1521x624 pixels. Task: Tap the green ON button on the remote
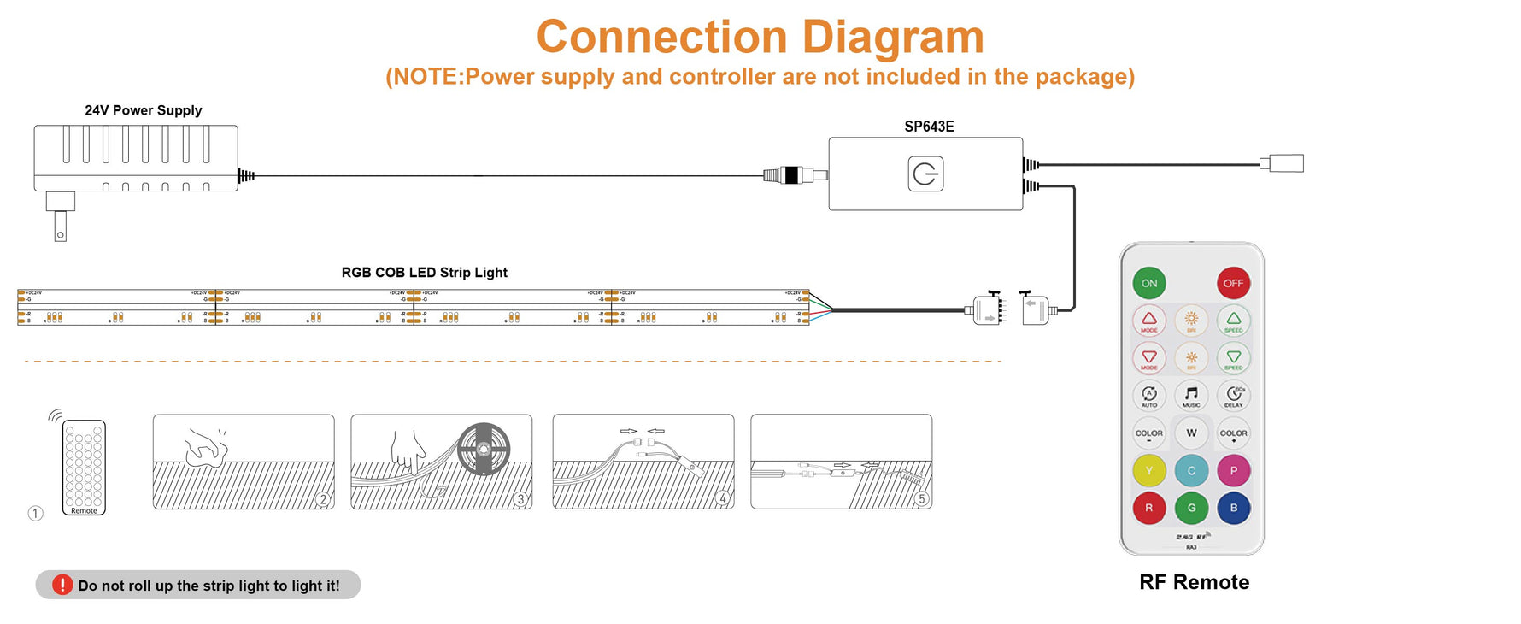tap(1149, 283)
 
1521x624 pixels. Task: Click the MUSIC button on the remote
tap(1191, 395)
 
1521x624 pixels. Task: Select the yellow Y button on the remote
tap(1149, 470)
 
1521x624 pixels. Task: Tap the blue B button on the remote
tap(1233, 508)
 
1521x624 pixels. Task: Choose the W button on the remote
tap(1191, 433)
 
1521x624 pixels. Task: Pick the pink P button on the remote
tap(1233, 470)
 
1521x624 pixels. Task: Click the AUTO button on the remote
tap(1149, 395)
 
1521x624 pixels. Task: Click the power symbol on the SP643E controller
tap(925, 174)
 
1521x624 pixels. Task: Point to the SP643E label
tap(929, 127)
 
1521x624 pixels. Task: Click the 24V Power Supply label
tap(144, 110)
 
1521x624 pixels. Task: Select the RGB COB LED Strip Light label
tap(424, 273)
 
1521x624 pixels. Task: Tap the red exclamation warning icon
tap(62, 585)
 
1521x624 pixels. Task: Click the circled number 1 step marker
tap(35, 513)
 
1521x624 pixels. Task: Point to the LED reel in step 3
tap(483, 449)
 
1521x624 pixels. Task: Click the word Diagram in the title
tap(892, 38)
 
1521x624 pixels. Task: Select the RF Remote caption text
tap(1194, 582)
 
